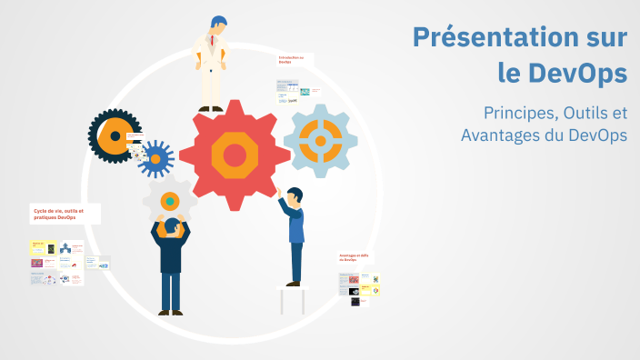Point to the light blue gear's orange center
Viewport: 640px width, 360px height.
coord(320,140)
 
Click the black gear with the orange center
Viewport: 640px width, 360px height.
coord(115,137)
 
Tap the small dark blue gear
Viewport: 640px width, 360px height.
coord(155,159)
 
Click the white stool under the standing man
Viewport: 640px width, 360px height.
coord(294,298)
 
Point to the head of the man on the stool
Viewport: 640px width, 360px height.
coord(294,195)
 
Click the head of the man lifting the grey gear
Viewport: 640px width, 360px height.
coord(170,227)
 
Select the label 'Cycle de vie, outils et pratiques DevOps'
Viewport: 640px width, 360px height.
coord(57,214)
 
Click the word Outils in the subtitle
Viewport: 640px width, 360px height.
coord(585,114)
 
